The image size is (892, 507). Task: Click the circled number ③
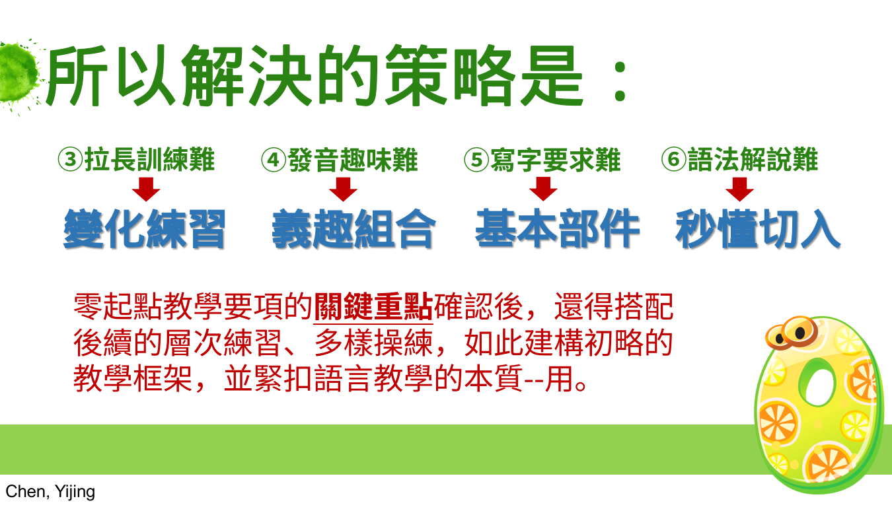point(71,160)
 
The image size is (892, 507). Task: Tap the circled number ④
point(274,160)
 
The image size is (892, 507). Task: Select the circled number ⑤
point(476,160)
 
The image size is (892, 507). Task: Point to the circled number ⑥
point(674,159)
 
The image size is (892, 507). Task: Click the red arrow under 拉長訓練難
point(146,189)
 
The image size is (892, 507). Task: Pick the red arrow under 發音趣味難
point(343,189)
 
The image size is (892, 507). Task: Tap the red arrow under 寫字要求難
point(543,189)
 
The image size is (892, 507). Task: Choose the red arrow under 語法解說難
point(739,189)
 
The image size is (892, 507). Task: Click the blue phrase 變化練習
point(145,229)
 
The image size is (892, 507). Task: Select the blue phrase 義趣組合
point(353,229)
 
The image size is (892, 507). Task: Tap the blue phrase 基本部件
point(558,228)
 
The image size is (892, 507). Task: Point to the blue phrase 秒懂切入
point(758,229)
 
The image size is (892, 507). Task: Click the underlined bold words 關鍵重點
point(373,307)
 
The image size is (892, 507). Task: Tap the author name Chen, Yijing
point(50,492)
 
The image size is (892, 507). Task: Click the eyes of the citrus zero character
point(792,333)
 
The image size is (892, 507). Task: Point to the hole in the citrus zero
point(819,386)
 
